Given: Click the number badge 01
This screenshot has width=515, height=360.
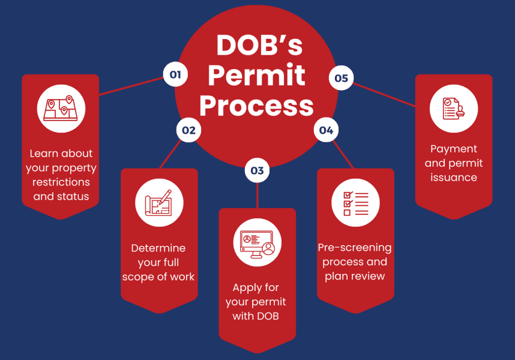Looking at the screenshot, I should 175,75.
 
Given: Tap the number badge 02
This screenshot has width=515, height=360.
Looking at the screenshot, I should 188,130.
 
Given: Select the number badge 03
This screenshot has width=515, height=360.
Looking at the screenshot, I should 257,170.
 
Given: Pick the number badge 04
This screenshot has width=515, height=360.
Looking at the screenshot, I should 326,130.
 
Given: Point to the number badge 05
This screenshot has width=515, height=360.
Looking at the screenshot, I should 341,78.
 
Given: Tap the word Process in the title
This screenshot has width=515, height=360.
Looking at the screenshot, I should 257,106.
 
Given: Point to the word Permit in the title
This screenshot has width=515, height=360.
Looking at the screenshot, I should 257,76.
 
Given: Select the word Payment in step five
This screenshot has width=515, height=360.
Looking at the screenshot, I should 454,149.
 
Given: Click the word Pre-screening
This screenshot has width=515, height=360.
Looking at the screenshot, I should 355,247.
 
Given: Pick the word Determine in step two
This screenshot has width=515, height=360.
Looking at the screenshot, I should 158,248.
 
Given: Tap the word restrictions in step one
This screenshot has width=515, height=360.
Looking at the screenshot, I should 61,182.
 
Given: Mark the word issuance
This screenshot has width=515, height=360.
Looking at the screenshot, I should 454,178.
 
